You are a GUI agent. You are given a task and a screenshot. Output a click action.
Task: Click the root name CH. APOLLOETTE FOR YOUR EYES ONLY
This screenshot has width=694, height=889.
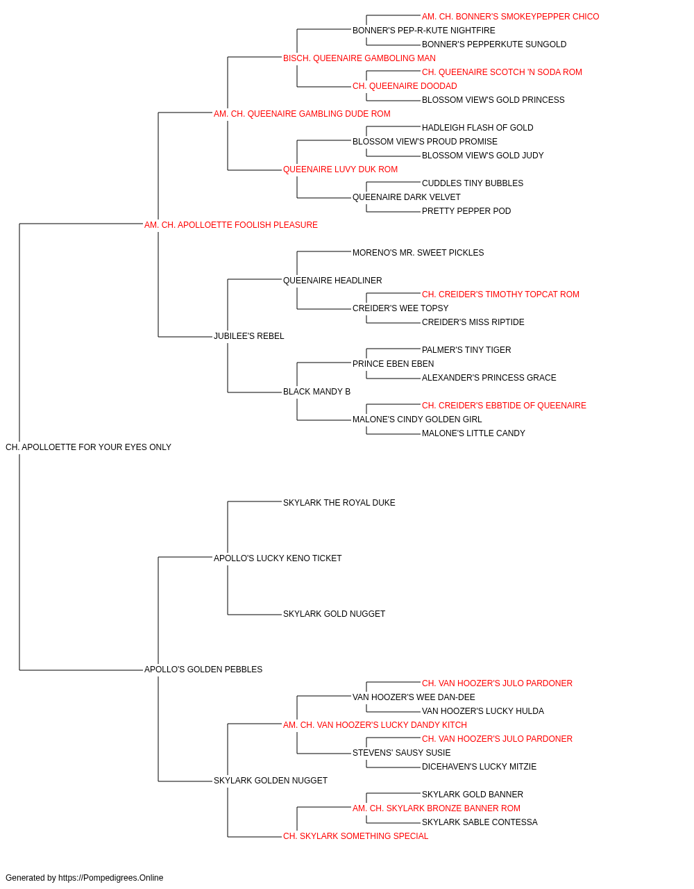(88, 447)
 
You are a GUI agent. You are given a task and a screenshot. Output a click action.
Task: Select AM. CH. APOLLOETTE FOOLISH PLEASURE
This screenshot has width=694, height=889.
(231, 225)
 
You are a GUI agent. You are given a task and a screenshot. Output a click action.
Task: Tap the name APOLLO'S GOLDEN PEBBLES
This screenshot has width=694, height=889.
(203, 670)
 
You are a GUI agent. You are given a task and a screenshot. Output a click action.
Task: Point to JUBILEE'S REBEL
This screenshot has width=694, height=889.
(248, 336)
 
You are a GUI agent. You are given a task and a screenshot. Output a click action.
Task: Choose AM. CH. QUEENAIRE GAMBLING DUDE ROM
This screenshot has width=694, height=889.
(302, 114)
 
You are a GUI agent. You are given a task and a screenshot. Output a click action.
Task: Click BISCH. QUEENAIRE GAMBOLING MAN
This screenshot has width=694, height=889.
(359, 58)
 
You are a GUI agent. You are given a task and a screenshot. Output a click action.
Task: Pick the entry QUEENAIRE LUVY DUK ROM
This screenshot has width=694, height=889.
(340, 169)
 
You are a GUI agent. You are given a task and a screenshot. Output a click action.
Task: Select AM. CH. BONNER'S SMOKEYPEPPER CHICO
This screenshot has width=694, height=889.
(511, 17)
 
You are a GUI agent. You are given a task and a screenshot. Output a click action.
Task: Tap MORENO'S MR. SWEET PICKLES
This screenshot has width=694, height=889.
(418, 253)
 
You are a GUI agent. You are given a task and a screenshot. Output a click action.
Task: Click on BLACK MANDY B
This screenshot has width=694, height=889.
(316, 392)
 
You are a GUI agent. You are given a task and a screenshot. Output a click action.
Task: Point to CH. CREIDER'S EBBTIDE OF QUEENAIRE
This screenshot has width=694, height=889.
(504, 406)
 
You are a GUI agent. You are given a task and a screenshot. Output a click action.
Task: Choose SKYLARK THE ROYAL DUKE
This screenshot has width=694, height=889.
(339, 503)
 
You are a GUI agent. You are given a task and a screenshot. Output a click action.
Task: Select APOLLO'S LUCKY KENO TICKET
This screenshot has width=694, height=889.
(278, 558)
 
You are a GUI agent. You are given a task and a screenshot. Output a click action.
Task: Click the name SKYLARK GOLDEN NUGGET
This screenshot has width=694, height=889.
(271, 781)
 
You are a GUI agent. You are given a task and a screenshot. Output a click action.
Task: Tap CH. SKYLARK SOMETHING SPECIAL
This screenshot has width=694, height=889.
(355, 836)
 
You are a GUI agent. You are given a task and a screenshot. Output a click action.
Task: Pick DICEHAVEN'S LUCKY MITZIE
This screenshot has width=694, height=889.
(479, 767)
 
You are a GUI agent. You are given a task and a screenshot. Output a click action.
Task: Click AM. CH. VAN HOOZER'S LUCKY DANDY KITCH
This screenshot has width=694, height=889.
(375, 725)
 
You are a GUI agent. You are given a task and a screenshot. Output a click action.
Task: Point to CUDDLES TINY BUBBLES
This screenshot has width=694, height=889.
(473, 183)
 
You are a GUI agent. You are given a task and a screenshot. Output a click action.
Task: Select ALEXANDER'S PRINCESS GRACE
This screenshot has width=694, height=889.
(489, 378)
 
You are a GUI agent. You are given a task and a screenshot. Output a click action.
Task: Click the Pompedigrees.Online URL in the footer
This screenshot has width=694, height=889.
(111, 878)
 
